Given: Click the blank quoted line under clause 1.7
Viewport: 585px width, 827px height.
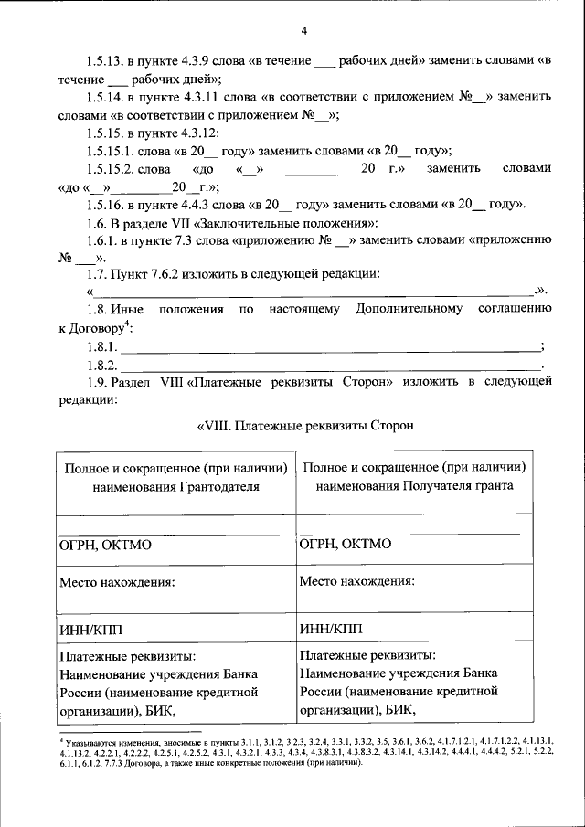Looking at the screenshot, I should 315,292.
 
